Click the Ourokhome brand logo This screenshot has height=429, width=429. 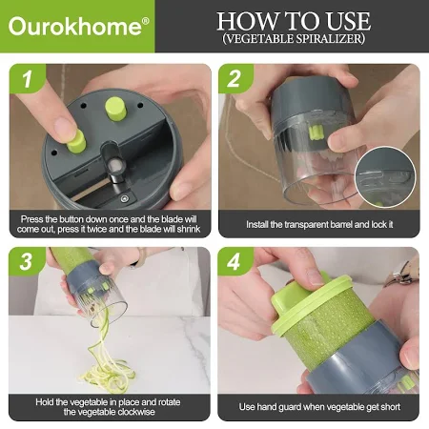pyautogui.click(x=78, y=26)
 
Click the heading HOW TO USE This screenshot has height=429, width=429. pyautogui.click(x=294, y=21)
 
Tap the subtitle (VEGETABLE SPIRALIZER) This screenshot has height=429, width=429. pyautogui.click(x=294, y=38)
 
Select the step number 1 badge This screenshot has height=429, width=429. pyautogui.click(x=28, y=78)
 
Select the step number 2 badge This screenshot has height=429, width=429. pyautogui.click(x=235, y=78)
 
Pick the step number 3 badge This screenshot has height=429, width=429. pyautogui.click(x=27, y=261)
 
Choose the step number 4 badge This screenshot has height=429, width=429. pyautogui.click(x=235, y=261)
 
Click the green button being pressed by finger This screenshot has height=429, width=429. pyautogui.click(x=76, y=142)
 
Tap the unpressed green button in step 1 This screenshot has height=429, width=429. pyautogui.click(x=115, y=109)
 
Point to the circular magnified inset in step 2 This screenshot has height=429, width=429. pyautogui.click(x=385, y=177)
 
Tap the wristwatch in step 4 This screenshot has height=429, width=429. pyautogui.click(x=402, y=274)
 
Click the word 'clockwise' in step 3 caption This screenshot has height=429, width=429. pyautogui.click(x=136, y=412)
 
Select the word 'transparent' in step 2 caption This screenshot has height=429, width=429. pyautogui.click(x=306, y=225)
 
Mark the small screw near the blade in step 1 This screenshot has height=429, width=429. pyautogui.click(x=124, y=199)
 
